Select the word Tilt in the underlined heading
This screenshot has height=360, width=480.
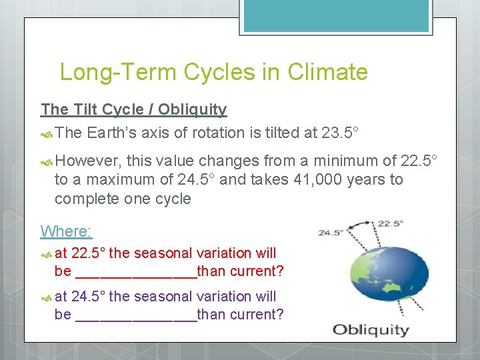coord(89,109)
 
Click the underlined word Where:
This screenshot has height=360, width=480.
coord(66,231)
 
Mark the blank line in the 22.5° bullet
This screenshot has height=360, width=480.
coord(137,272)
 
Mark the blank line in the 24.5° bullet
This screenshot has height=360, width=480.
coord(137,315)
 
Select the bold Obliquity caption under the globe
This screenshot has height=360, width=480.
coord(371,329)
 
